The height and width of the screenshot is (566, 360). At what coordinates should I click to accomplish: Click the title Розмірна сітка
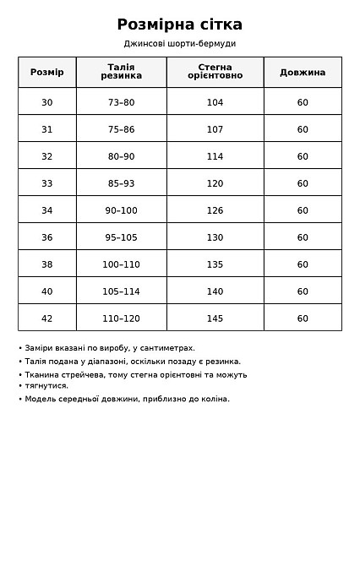(179, 24)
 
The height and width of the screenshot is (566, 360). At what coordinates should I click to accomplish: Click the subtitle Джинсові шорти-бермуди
(179, 44)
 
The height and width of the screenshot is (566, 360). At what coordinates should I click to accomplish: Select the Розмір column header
(46, 72)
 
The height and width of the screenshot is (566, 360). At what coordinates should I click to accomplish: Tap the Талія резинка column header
(121, 72)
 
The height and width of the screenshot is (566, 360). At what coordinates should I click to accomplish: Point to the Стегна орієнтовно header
(215, 72)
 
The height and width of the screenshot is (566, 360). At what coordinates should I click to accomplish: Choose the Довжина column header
(303, 72)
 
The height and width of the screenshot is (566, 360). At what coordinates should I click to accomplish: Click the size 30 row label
(46, 102)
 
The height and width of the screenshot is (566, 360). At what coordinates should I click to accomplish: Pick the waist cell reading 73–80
(121, 102)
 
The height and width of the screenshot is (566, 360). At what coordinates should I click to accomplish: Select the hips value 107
(215, 129)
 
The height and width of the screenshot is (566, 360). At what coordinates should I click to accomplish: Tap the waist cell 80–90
(121, 156)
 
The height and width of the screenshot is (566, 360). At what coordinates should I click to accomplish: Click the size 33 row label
(46, 183)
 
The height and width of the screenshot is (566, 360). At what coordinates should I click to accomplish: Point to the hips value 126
(215, 210)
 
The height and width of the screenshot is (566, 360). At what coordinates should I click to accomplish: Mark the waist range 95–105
(121, 237)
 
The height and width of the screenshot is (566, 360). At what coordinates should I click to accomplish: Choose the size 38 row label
(46, 264)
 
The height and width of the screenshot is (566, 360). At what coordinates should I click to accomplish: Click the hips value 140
(215, 291)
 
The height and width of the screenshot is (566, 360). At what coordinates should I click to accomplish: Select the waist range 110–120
(121, 318)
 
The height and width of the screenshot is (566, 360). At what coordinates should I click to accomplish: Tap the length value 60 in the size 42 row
(303, 318)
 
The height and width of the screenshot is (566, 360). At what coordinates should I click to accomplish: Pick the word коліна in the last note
(212, 399)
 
